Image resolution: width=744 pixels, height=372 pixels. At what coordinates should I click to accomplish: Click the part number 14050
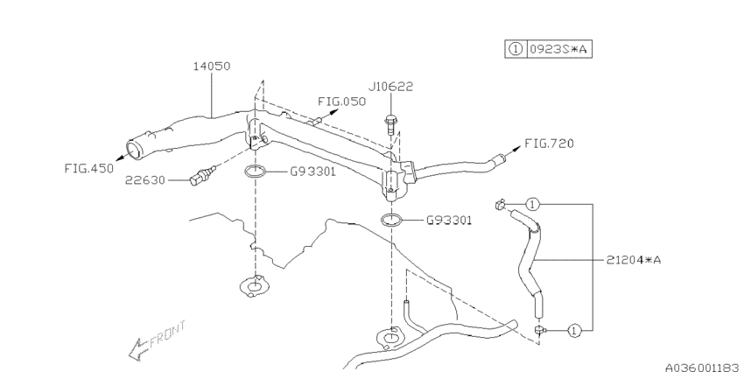(212, 66)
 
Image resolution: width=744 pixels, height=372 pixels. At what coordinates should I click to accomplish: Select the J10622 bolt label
(390, 87)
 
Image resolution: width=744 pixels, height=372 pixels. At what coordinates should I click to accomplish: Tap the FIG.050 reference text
(341, 102)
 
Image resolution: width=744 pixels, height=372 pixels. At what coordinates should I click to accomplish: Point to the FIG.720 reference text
(549, 144)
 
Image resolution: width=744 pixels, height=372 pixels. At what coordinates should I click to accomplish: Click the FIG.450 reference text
(89, 168)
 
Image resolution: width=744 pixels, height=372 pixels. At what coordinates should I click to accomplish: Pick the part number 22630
(144, 180)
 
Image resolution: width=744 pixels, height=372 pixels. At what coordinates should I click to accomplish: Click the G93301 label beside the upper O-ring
(312, 172)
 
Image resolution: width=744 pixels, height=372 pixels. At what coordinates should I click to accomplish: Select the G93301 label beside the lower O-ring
(449, 221)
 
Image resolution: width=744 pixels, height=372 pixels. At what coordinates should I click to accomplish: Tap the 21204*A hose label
(634, 260)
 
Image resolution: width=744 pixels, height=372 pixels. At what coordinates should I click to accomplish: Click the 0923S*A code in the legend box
(560, 49)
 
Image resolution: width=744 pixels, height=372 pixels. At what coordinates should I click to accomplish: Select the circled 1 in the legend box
(516, 49)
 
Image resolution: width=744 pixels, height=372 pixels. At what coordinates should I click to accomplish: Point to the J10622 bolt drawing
(390, 123)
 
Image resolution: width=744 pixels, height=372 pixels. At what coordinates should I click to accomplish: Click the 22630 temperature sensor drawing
(202, 174)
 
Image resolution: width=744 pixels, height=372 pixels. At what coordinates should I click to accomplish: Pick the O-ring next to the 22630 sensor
(256, 172)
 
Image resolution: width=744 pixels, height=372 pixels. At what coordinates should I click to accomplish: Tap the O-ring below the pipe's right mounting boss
(391, 221)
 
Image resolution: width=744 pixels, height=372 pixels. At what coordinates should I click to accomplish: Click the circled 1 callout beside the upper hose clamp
(533, 205)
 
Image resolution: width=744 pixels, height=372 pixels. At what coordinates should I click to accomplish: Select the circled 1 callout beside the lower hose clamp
(574, 330)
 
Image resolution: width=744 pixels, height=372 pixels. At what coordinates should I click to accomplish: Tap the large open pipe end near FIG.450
(134, 150)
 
